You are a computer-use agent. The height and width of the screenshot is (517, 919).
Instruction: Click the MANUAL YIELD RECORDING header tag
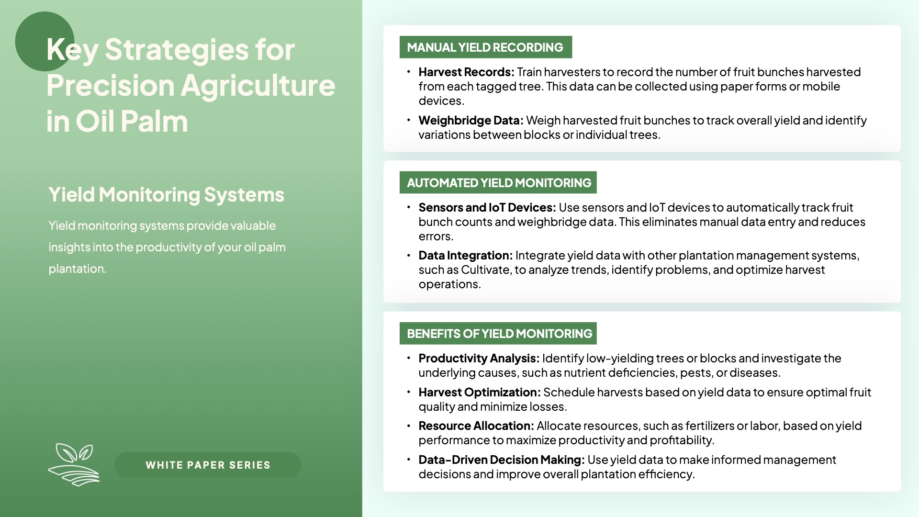coord(486,47)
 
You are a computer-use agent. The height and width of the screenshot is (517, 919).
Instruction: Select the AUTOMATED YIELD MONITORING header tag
coord(498,182)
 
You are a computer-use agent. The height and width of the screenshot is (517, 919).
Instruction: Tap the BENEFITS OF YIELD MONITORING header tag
coord(498,333)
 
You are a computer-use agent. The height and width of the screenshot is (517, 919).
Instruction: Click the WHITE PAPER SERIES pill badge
coord(208,465)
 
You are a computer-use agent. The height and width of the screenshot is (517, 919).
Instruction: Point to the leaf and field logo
coord(74,464)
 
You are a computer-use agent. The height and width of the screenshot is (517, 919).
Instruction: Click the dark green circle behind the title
coord(45,42)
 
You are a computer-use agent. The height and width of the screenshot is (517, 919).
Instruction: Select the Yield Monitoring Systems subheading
coord(166,195)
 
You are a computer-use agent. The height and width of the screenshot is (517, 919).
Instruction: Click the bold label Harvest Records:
coord(466,72)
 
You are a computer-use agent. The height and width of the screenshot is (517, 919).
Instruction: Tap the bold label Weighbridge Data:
coord(471,120)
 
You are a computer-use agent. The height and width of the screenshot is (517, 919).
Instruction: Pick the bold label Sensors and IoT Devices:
coord(487,207)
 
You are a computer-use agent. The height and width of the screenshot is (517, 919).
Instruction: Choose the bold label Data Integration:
coord(466,256)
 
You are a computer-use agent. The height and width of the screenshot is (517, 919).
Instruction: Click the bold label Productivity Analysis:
coord(479,359)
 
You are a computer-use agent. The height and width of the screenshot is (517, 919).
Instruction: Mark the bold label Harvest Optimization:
coord(480,393)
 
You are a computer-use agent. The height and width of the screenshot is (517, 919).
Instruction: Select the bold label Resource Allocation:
coord(476,426)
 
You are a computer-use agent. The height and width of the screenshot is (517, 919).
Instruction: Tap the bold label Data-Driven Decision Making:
coord(502,460)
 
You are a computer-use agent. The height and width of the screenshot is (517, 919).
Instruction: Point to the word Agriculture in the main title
coord(258,86)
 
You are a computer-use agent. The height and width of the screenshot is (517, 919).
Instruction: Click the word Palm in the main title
coord(154,121)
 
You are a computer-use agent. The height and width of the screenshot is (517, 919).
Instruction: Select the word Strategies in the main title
coord(176,50)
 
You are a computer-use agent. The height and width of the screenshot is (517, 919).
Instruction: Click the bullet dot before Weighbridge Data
coord(409,120)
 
